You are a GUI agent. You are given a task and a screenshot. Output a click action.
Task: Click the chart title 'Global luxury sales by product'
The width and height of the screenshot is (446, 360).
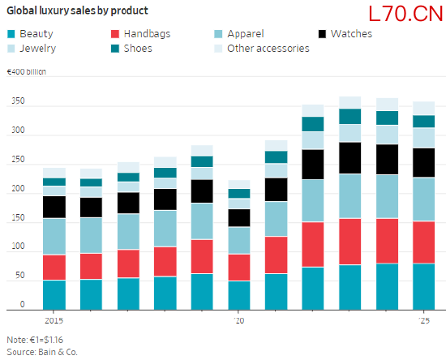77,11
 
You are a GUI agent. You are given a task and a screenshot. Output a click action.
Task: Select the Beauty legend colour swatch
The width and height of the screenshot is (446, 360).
11,34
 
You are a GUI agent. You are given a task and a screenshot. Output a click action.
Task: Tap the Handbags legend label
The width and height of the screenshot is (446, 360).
147,34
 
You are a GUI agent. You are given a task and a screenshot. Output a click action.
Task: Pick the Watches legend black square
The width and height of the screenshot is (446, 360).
322,34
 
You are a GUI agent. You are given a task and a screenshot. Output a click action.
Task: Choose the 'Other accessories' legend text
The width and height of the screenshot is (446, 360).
268,49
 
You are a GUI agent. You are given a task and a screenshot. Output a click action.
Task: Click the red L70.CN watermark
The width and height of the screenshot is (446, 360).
405,14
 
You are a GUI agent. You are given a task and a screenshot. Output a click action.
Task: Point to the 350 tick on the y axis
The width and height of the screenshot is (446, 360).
18,101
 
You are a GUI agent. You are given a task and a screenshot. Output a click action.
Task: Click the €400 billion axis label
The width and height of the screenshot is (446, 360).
26,71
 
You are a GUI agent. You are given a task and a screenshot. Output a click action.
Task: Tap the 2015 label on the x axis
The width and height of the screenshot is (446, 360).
54,321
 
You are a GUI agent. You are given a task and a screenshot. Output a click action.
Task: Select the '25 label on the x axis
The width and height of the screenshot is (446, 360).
424,321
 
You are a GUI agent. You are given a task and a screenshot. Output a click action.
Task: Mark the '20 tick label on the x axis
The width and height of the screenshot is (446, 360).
239,321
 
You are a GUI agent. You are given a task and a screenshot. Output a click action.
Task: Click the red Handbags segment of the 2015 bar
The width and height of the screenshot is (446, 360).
54,268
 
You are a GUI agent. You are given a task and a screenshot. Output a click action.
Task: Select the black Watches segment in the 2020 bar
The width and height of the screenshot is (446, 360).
239,218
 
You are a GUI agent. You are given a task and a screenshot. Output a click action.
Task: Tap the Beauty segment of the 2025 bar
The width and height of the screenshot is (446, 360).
424,287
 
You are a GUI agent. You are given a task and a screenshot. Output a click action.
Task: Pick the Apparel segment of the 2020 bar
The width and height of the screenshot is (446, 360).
239,241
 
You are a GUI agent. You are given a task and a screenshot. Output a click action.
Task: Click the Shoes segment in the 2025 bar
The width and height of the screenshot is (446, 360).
424,122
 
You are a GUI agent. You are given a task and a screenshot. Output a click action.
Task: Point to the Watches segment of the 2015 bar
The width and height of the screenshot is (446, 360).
54,207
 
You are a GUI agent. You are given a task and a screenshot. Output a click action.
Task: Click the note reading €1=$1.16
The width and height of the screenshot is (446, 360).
35,340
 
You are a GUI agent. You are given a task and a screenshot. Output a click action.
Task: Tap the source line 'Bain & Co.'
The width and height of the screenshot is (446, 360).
58,352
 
